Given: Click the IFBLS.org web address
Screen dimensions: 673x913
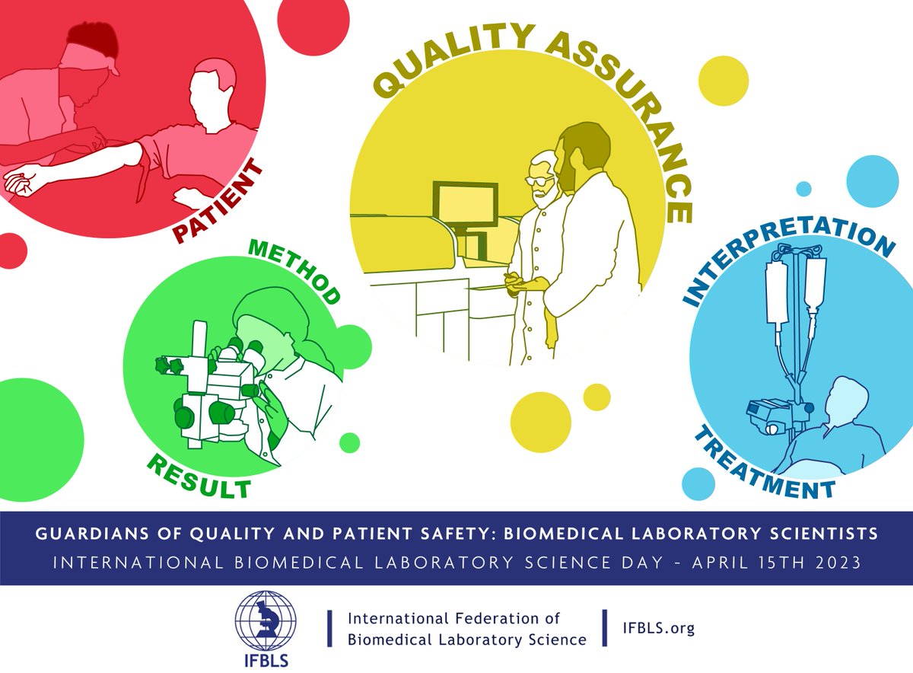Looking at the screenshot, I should [x=660, y=628].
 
